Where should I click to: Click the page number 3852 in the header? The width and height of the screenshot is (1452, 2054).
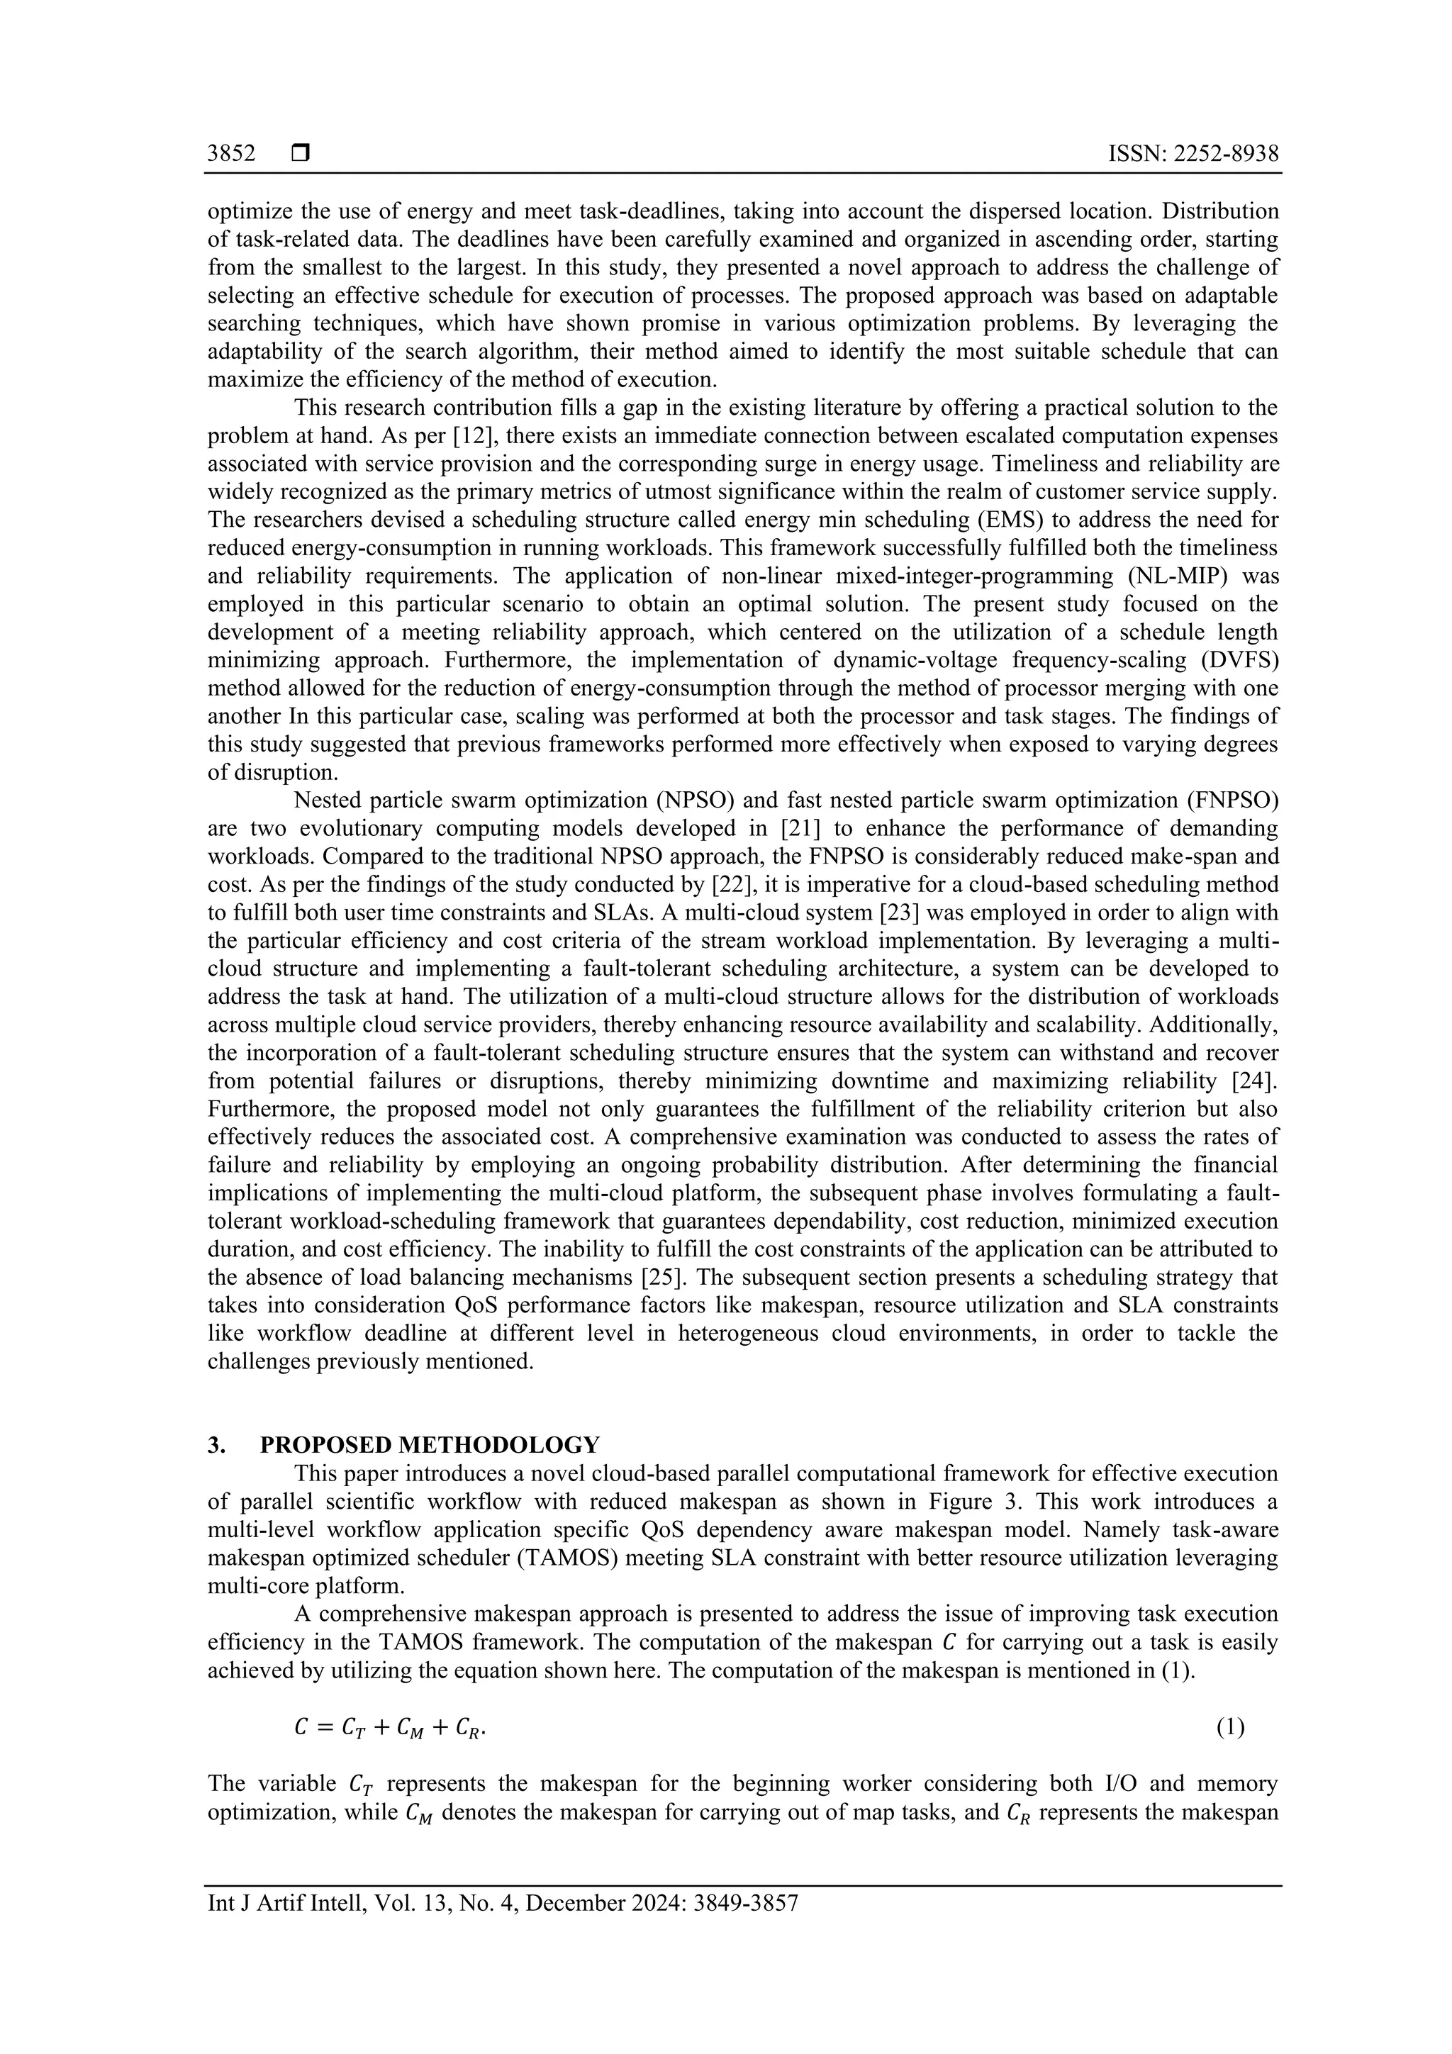pyautogui.click(x=231, y=154)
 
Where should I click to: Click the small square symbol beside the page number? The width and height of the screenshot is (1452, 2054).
pyautogui.click(x=301, y=154)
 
